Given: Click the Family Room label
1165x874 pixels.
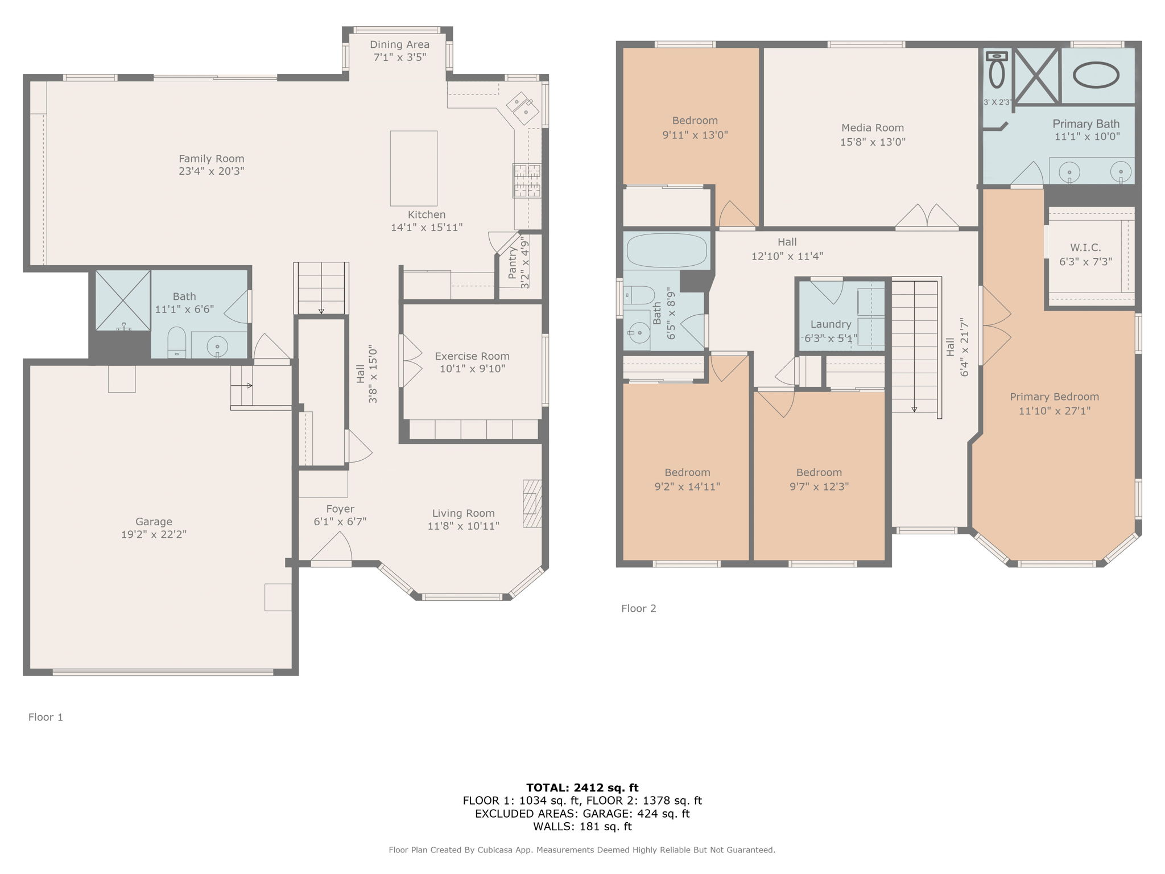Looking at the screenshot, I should click(x=211, y=159).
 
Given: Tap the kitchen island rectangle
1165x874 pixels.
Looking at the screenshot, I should click(x=414, y=168).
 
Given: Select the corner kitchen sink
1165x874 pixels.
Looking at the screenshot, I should click(x=523, y=108).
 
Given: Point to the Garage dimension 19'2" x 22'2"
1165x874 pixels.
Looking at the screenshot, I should click(x=154, y=534).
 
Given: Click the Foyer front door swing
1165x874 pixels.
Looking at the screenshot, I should click(x=332, y=550).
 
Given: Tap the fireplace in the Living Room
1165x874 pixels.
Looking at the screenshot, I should click(x=532, y=504).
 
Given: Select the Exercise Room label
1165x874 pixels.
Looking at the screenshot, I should click(x=472, y=356).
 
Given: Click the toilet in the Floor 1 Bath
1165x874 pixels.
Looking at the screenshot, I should click(x=177, y=342).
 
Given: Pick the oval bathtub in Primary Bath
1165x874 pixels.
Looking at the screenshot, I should click(x=1096, y=75).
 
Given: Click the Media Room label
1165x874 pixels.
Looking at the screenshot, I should click(x=872, y=128).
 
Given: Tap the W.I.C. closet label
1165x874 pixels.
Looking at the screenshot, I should click(x=1085, y=248).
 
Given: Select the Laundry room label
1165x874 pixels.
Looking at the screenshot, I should click(x=831, y=324).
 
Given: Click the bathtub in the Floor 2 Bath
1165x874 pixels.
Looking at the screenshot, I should click(x=666, y=250).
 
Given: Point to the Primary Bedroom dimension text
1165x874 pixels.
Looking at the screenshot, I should click(x=1054, y=411).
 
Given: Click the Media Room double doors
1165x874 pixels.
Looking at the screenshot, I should click(x=927, y=217).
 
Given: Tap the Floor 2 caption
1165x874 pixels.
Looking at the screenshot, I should click(x=638, y=608).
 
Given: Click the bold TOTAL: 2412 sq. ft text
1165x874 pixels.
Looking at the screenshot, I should click(x=582, y=788).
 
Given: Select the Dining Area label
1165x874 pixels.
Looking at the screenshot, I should click(x=399, y=44).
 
